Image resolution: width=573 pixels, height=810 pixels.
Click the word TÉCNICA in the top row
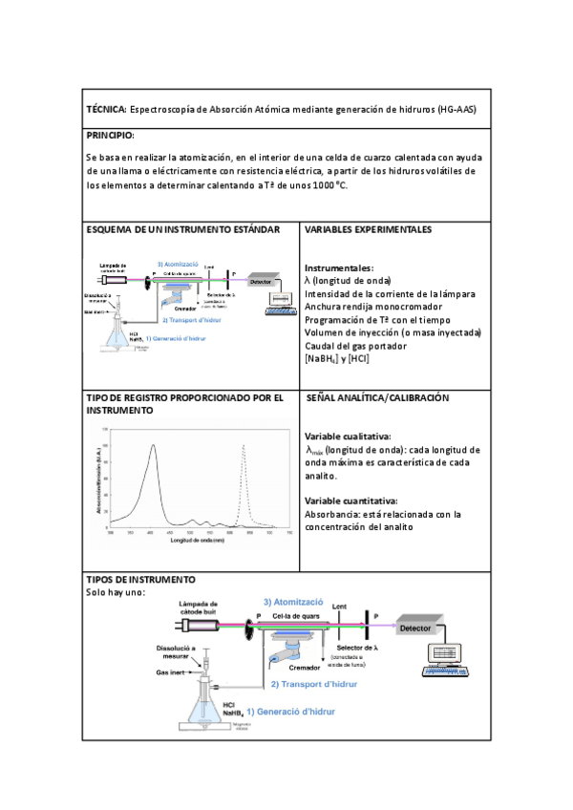point(105,110)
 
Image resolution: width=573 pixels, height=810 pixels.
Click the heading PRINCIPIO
point(111,136)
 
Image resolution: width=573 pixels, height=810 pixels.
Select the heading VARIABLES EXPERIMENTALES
point(368,230)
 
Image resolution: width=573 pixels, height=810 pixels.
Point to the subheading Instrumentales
point(339,268)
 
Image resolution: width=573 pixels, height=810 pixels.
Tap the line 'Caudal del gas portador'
point(355,346)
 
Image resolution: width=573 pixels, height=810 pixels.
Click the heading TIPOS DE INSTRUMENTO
point(141,579)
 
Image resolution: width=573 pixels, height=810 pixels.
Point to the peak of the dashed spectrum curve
point(244,446)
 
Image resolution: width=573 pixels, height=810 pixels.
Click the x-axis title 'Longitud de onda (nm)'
point(198,541)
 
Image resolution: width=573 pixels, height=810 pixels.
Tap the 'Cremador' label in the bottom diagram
point(304,668)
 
